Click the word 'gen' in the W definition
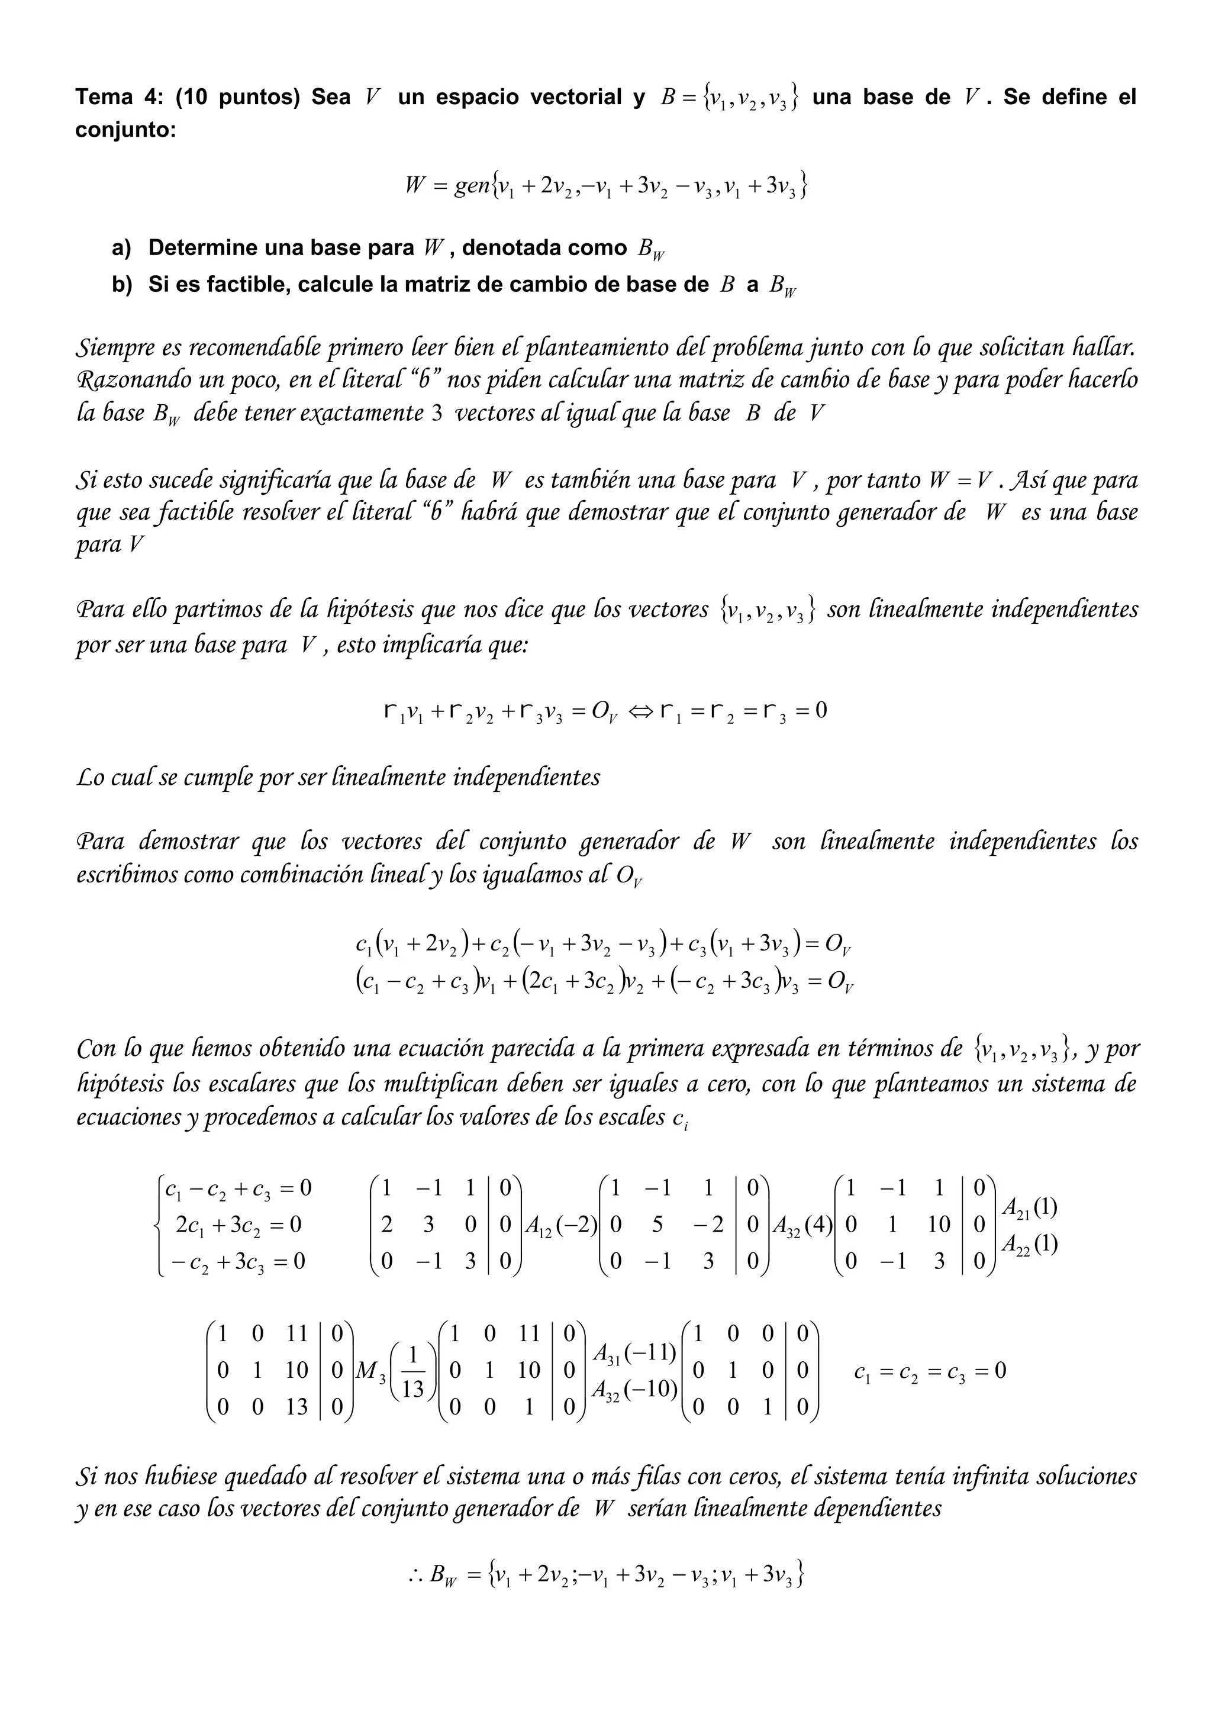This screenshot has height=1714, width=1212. click(x=471, y=185)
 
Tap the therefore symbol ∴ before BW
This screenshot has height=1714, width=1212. click(x=415, y=1575)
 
